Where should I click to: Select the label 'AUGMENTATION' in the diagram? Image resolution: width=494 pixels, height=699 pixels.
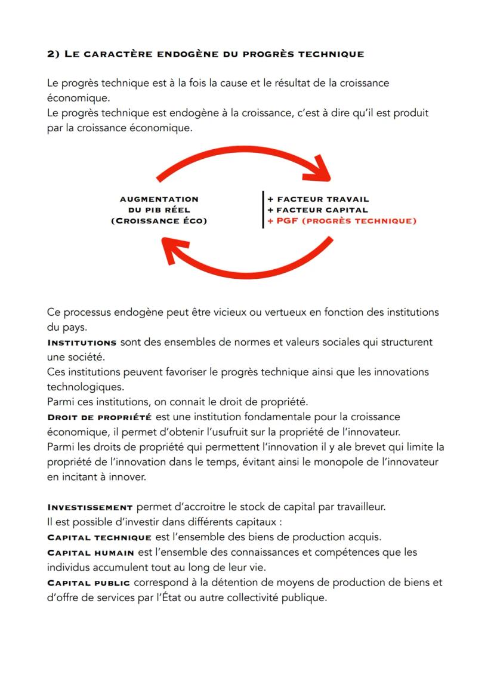pyautogui.click(x=159, y=199)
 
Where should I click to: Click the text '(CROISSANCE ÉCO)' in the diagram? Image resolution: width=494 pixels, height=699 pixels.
pyautogui.click(x=159, y=221)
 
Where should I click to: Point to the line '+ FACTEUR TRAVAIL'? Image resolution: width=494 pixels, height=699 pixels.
pyautogui.click(x=318, y=199)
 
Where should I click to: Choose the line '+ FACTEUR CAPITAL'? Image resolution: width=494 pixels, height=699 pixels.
pyautogui.click(x=317, y=210)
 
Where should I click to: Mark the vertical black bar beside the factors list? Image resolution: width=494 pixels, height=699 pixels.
pyautogui.click(x=263, y=210)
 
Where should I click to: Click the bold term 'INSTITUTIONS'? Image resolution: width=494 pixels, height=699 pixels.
pyautogui.click(x=81, y=343)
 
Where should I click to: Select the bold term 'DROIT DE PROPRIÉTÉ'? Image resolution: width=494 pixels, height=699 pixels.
pyautogui.click(x=99, y=416)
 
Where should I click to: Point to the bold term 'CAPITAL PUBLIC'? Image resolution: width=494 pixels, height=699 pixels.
pyautogui.click(x=88, y=583)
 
